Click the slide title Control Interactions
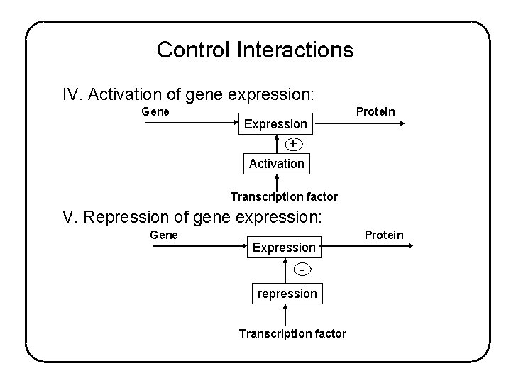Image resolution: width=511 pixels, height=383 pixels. pos(255,50)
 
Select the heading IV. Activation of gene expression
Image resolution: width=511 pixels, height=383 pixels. pos(188,94)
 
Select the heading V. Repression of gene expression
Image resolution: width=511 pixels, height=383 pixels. pos(192,216)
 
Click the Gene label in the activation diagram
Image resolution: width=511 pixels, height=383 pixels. pos(155,111)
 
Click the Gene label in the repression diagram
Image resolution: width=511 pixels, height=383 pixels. pos(164,235)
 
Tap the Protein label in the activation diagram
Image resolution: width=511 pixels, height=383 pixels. pos(375,112)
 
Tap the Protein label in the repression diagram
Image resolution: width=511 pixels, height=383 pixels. pos(383,235)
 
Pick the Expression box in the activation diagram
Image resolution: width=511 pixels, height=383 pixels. pos(275,124)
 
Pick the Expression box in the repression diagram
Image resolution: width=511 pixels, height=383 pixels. pos(284,247)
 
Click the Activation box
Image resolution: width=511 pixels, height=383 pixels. pos(276,163)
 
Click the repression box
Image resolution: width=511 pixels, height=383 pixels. pos(286,293)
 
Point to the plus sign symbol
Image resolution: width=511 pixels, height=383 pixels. pos(292,144)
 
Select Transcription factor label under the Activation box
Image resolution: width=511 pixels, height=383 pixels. pos(284,196)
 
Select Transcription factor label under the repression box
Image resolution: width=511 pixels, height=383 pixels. pos(292,333)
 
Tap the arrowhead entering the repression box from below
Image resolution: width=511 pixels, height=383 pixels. pos(285,307)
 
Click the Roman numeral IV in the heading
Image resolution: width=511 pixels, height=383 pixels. pos(71,94)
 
